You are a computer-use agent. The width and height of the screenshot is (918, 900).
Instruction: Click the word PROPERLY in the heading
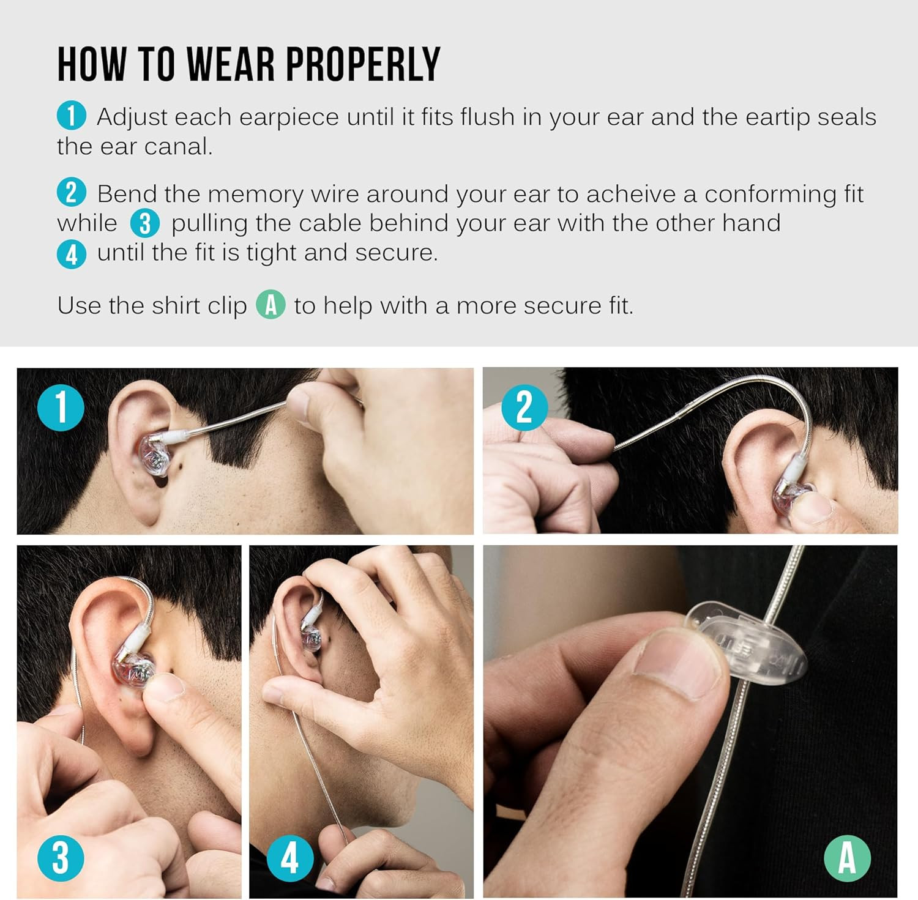(x=363, y=64)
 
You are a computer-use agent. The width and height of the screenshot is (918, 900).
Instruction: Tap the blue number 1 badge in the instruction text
(x=72, y=116)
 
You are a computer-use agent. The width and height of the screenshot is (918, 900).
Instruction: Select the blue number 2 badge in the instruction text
(x=72, y=193)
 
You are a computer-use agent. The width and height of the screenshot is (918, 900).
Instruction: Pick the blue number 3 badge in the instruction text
(x=145, y=223)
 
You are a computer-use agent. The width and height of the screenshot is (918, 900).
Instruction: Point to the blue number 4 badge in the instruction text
(x=72, y=253)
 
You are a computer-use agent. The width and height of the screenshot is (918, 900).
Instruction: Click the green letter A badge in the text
(x=271, y=305)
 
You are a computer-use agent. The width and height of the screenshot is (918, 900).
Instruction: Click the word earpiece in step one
(x=289, y=117)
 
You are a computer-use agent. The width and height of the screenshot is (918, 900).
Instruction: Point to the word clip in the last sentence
(x=227, y=306)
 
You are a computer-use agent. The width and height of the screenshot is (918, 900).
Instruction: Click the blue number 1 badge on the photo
(x=61, y=407)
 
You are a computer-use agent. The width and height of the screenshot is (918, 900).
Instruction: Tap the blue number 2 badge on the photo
(x=524, y=407)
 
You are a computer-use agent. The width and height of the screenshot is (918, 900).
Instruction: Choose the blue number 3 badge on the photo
(x=61, y=858)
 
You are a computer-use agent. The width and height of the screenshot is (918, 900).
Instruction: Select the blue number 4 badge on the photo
(x=290, y=858)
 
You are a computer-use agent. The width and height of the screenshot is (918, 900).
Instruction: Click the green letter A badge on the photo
(x=847, y=858)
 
